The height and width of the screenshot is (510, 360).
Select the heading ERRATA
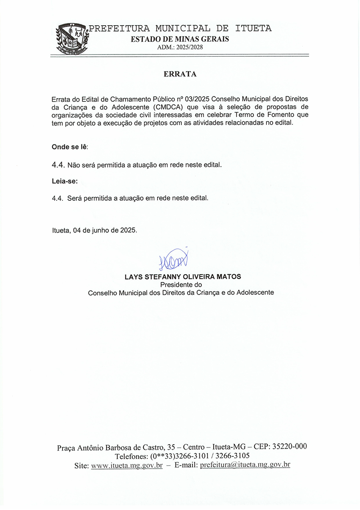click(x=180, y=74)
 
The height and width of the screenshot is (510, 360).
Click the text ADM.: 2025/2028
click(x=180, y=47)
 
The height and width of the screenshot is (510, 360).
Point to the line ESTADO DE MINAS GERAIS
click(x=180, y=39)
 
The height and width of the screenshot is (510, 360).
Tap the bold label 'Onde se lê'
click(x=69, y=147)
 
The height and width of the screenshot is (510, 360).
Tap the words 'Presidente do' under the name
click(x=181, y=284)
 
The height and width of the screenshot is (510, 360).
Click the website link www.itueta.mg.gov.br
click(x=126, y=465)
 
